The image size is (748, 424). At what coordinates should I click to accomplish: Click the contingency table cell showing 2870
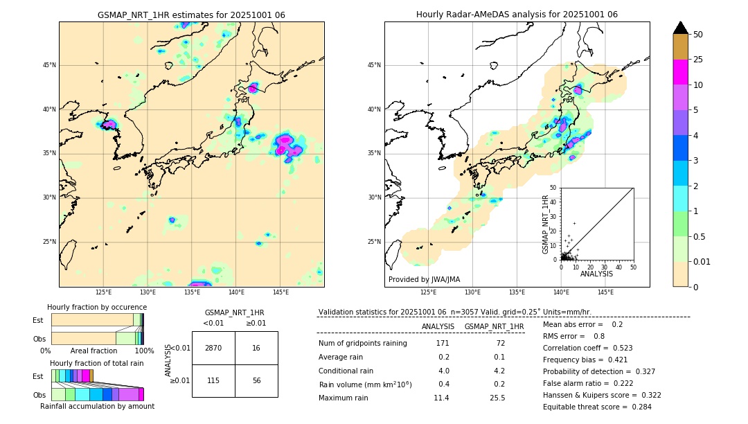point(213,348)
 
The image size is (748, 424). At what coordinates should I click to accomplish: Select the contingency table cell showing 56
point(256,381)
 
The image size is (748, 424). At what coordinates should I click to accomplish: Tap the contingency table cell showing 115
point(213,381)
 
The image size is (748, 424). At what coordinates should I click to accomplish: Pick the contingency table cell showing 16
point(256,348)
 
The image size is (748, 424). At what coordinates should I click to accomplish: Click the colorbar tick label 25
point(698,60)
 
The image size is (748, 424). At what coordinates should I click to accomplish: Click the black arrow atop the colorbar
point(681,28)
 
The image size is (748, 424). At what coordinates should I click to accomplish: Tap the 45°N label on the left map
point(49,65)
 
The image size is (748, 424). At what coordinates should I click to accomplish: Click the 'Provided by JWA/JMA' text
point(425,279)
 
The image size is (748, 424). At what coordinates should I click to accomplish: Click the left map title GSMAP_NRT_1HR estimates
point(191,15)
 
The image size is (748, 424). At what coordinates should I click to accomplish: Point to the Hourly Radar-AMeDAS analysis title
point(517,15)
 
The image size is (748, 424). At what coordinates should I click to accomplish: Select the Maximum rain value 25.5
point(498,398)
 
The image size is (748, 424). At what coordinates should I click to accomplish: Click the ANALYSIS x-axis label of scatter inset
point(596,274)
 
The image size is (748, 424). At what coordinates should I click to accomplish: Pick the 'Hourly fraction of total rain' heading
point(97,363)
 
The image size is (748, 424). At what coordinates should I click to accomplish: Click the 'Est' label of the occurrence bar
point(38,320)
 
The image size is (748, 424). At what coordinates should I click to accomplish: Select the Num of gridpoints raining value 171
point(442,344)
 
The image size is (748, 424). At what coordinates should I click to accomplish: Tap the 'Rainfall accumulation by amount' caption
point(97,406)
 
